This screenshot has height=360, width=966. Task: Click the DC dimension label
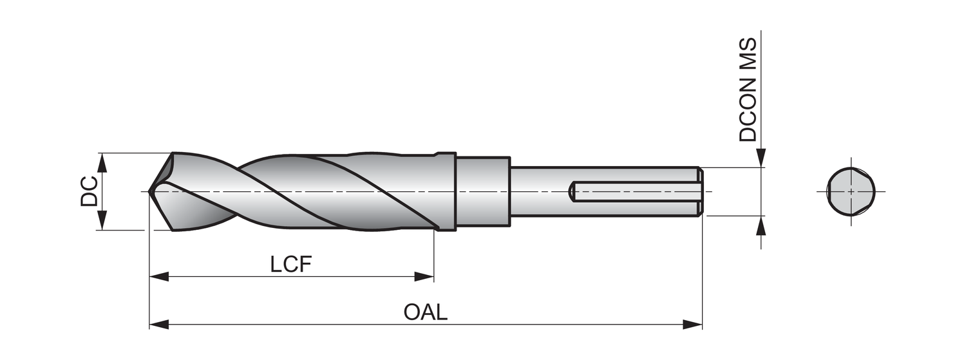pyautogui.click(x=89, y=191)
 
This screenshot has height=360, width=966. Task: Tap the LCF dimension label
pyautogui.click(x=291, y=264)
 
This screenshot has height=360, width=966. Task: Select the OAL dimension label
pyautogui.click(x=425, y=312)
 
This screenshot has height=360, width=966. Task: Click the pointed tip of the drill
pyautogui.click(x=150, y=191)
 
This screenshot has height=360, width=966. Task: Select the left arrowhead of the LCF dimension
pyautogui.click(x=158, y=277)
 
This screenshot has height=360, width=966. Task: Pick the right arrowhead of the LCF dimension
pyautogui.click(x=424, y=277)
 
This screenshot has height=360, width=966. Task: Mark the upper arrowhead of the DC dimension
pyautogui.click(x=101, y=162)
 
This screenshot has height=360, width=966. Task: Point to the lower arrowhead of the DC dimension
pyautogui.click(x=101, y=221)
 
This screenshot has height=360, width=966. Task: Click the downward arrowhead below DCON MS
pyautogui.click(x=761, y=158)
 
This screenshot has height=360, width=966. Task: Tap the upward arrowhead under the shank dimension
pyautogui.click(x=761, y=225)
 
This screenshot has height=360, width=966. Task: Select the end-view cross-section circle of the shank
pyautogui.click(x=851, y=191)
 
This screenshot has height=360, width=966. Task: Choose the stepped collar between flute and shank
pyautogui.click(x=483, y=191)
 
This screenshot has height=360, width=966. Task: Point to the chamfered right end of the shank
pyautogui.click(x=700, y=191)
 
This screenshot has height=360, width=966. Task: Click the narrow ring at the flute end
pyautogui.click(x=446, y=191)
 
